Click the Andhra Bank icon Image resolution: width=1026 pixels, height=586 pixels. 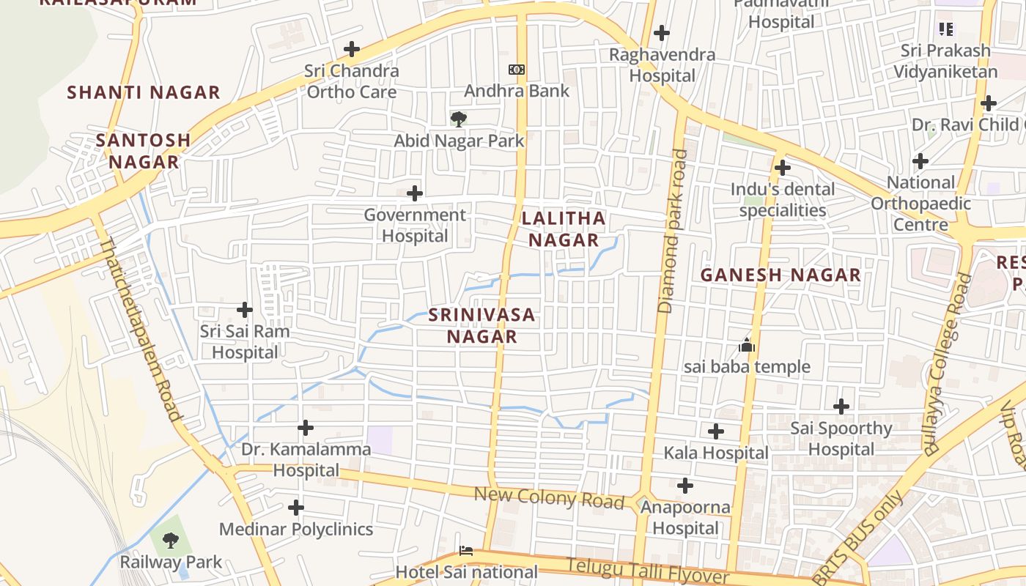click(517, 70)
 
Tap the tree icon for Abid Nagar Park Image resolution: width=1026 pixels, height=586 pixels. click(459, 119)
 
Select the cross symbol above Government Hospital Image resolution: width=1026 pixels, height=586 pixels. click(415, 193)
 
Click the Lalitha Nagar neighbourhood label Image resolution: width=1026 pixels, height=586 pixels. click(564, 229)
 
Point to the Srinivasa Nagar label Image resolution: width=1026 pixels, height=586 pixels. click(482, 325)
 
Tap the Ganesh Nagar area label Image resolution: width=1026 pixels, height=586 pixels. click(780, 275)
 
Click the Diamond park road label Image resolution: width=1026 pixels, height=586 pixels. click(672, 231)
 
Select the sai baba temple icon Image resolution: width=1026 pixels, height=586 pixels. click(747, 345)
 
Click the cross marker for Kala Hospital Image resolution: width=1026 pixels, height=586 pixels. click(716, 431)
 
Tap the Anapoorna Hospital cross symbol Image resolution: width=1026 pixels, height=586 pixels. click(685, 486)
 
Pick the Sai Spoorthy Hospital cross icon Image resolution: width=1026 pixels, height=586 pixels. click(841, 407)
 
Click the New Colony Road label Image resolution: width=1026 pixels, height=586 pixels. click(549, 498)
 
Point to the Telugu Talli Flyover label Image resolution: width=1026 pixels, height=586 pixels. click(648, 571)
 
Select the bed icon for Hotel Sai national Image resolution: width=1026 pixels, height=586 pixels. click(466, 550)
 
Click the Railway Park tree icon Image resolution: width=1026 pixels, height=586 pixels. click(171, 541)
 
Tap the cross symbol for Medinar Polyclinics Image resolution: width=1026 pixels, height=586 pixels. click(296, 508)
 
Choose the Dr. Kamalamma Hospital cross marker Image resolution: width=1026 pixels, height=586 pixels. click(306, 428)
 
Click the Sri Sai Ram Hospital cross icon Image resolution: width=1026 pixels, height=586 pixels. click(245, 310)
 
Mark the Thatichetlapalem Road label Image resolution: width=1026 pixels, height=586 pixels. click(140, 329)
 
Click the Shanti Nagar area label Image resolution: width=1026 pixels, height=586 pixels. click(144, 92)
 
